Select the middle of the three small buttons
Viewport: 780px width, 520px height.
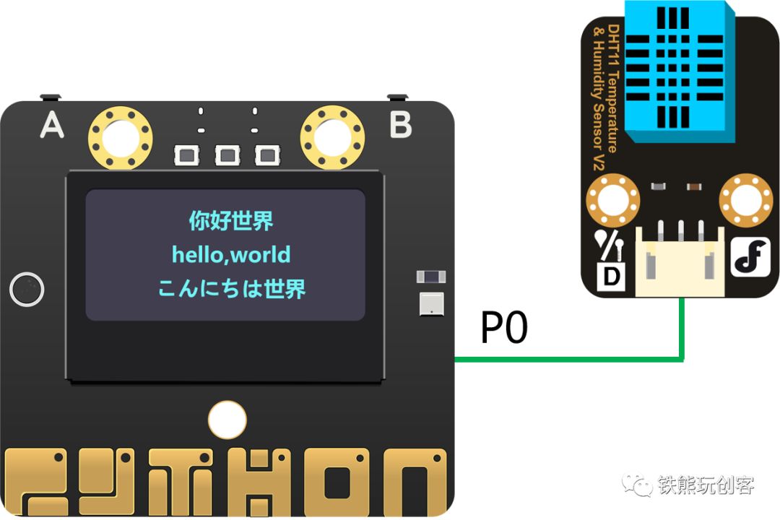click(x=227, y=154)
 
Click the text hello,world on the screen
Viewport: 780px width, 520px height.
click(x=231, y=254)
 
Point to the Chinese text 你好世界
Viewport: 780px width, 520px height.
click(x=231, y=221)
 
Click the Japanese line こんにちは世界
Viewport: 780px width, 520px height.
click(x=231, y=288)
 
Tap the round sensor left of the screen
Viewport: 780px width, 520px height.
click(x=27, y=290)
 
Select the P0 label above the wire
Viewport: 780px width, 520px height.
click(x=504, y=329)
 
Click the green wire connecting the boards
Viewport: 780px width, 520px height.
click(x=571, y=358)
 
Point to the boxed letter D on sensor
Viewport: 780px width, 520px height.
click(x=611, y=276)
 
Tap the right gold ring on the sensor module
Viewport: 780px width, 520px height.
click(x=746, y=200)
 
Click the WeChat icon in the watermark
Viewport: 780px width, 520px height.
click(x=639, y=485)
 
